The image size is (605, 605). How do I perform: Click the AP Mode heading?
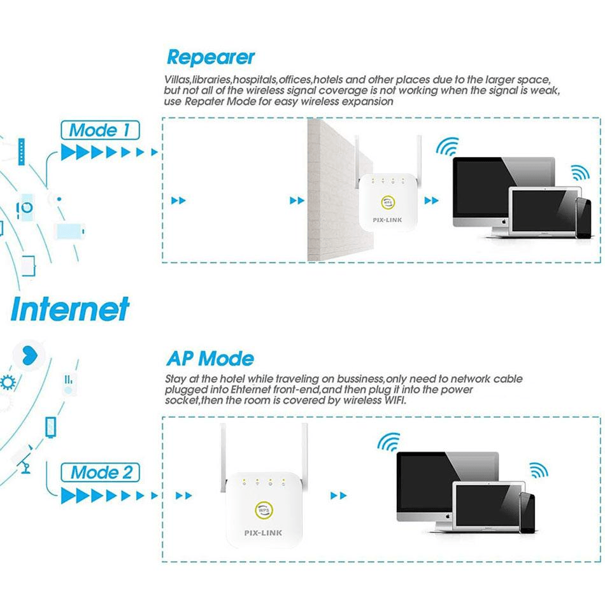210,358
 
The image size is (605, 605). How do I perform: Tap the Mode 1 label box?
100,131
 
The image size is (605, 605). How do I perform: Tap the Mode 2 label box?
100,472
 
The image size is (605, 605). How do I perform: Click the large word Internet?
70,310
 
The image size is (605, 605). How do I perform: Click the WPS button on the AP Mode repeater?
262,509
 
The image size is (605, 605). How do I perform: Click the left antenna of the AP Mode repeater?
224,459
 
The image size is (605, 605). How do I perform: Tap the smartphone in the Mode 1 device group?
583,218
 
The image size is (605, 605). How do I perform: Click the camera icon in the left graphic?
26,206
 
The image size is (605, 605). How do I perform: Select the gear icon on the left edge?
8,383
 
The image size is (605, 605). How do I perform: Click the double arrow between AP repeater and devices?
339,495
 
